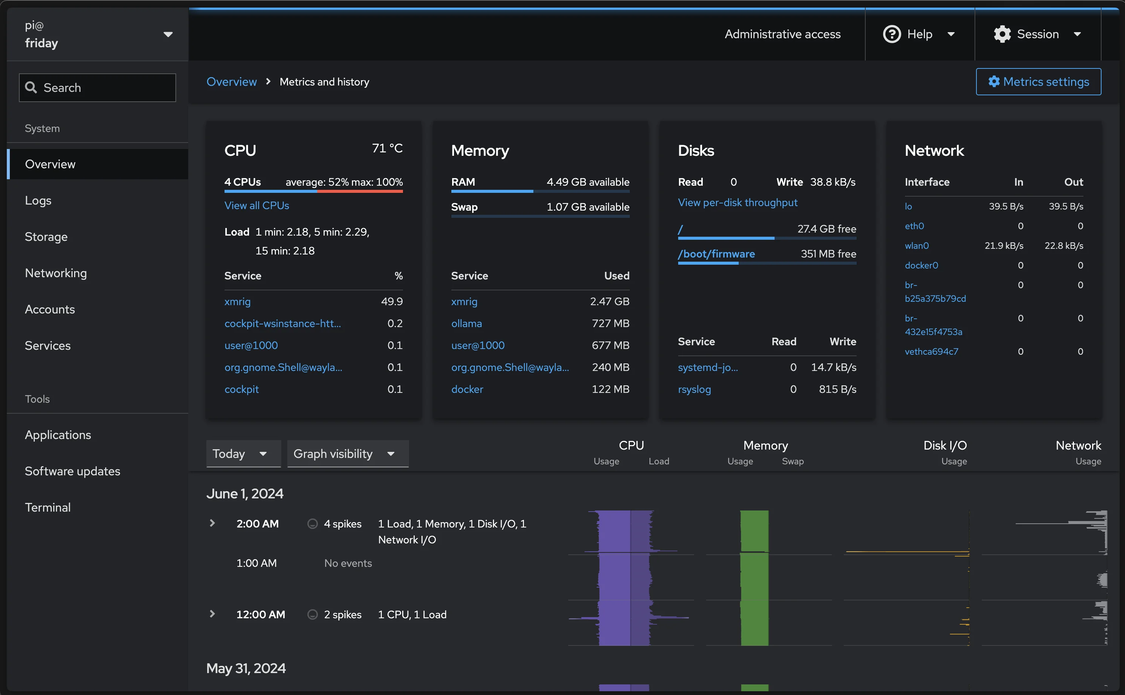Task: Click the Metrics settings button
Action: point(1038,82)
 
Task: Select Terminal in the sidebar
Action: point(48,507)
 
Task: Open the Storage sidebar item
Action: point(46,237)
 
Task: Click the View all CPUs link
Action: point(256,205)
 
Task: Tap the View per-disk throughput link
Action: point(737,203)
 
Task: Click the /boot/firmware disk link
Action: point(716,254)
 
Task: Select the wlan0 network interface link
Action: point(916,246)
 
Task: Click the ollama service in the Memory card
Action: point(466,324)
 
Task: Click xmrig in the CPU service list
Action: point(237,301)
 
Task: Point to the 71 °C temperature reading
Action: point(387,149)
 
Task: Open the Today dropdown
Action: point(243,454)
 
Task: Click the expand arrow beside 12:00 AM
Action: point(212,614)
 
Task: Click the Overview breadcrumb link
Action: point(231,82)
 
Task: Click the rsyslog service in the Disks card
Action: point(694,389)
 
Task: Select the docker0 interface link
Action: point(921,265)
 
